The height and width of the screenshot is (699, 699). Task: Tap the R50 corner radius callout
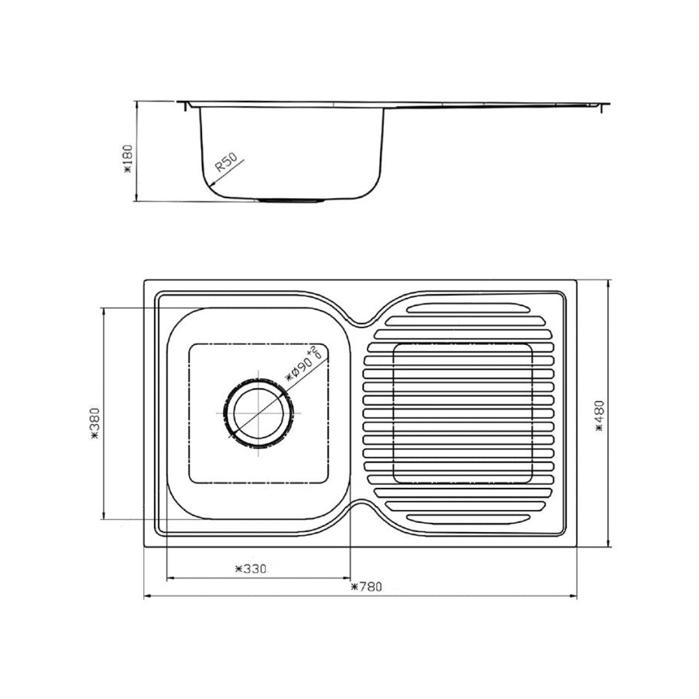click(x=226, y=161)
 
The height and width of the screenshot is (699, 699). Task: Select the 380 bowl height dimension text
click(x=94, y=423)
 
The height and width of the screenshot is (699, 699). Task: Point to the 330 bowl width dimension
click(x=250, y=569)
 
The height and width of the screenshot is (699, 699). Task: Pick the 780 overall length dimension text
click(x=366, y=587)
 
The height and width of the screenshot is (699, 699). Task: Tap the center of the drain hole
click(x=258, y=412)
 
